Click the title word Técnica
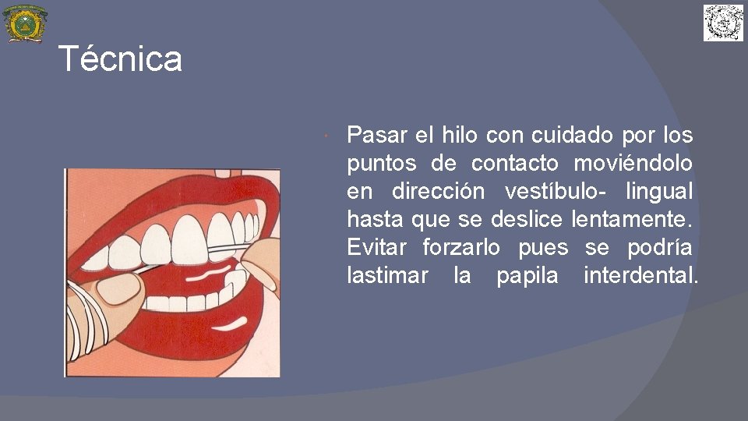120,59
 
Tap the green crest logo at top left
25,23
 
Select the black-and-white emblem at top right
724,23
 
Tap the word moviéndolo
633,164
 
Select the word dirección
437,192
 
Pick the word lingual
658,192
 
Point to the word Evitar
376,248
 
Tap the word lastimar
387,276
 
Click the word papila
527,276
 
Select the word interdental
640,276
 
